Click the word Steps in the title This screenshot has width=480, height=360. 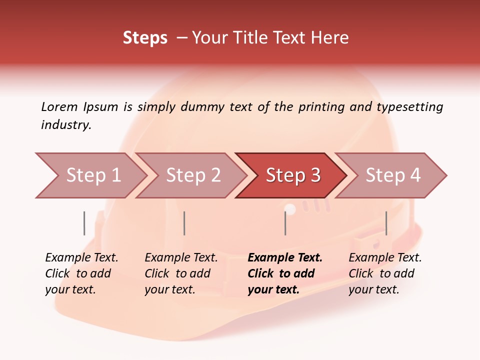(x=145, y=38)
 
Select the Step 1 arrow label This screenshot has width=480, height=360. (x=93, y=175)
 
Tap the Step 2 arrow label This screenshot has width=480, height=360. (x=193, y=175)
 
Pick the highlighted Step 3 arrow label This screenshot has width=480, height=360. (x=293, y=175)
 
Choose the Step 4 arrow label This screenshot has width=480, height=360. (x=393, y=175)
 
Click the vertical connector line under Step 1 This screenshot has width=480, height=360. (x=84, y=223)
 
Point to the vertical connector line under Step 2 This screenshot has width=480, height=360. (x=184, y=223)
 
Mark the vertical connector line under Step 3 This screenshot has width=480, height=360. (x=285, y=223)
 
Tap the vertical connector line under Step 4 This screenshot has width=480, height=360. (x=386, y=223)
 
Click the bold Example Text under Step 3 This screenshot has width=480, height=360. (x=285, y=258)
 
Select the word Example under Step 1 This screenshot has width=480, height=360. (x=64, y=258)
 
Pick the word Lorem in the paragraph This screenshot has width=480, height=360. (x=59, y=106)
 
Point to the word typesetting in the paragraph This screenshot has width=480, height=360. (x=409, y=106)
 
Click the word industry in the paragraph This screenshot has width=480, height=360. (x=65, y=124)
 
